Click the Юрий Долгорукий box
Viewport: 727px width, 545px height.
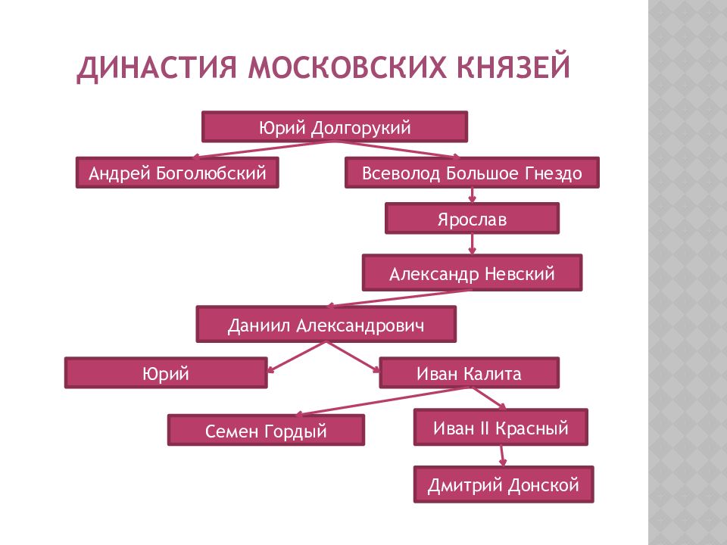tap(334, 126)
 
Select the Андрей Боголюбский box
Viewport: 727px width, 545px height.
tap(177, 173)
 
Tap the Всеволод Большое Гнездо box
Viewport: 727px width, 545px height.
tap(472, 173)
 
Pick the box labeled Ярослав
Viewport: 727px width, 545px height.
tap(472, 218)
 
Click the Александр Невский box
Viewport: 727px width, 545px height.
tap(472, 272)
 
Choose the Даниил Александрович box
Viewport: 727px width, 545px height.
tap(326, 324)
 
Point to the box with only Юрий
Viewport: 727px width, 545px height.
tap(166, 372)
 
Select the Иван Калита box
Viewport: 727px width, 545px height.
tap(470, 372)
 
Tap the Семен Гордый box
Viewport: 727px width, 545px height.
tap(266, 430)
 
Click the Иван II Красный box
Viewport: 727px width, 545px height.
tap(501, 427)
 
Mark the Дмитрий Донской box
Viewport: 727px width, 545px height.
tap(504, 484)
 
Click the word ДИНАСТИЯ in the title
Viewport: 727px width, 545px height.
tap(157, 67)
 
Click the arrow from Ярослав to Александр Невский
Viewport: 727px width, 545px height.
tap(472, 244)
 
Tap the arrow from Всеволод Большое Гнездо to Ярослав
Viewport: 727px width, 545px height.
tap(472, 195)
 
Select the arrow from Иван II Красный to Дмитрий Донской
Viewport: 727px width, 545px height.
tap(502, 456)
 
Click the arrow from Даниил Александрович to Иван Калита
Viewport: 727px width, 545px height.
tap(353, 357)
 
